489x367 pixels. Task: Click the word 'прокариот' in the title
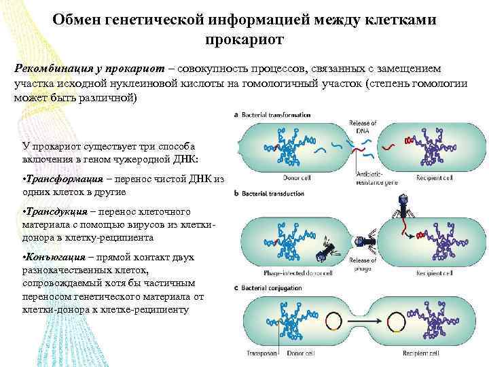[x=244, y=40]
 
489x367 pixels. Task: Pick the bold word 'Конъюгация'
[x=56, y=258]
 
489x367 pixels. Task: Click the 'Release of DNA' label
[x=363, y=126]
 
